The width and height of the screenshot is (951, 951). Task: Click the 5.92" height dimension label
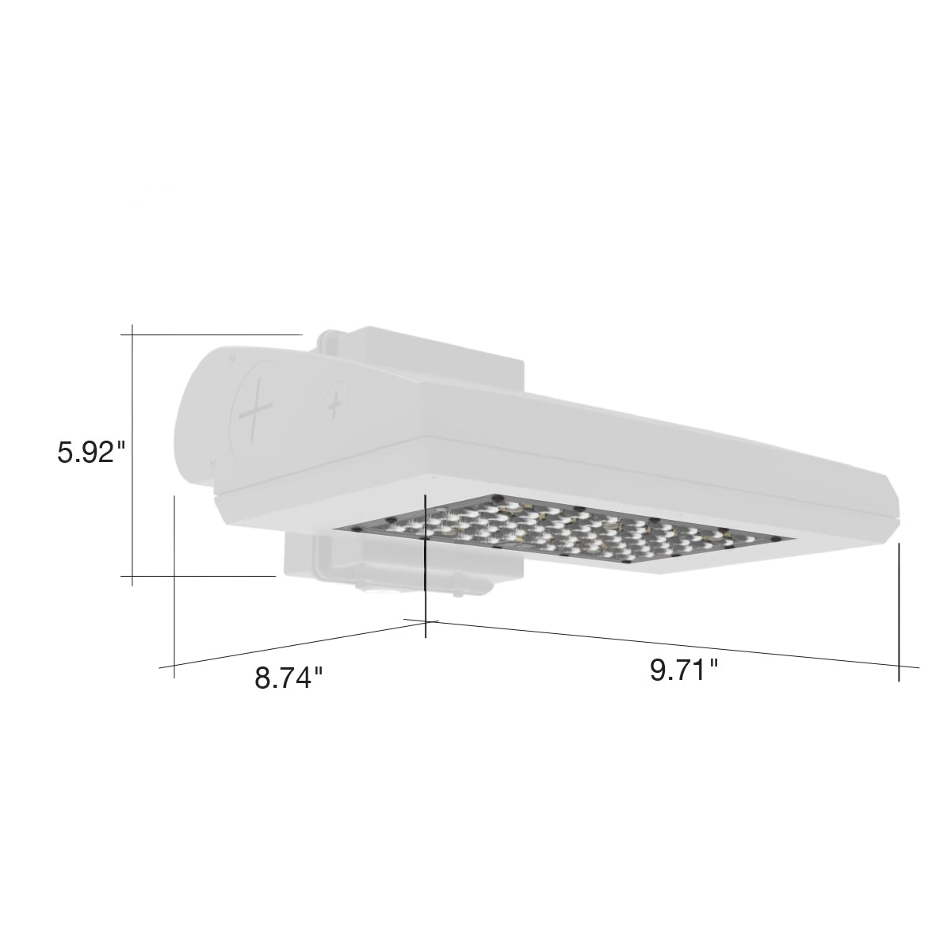[92, 452]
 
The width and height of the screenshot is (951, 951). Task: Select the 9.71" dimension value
[684, 670]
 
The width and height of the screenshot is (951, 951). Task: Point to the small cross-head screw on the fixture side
[337, 407]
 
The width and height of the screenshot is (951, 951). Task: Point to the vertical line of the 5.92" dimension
[132, 455]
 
